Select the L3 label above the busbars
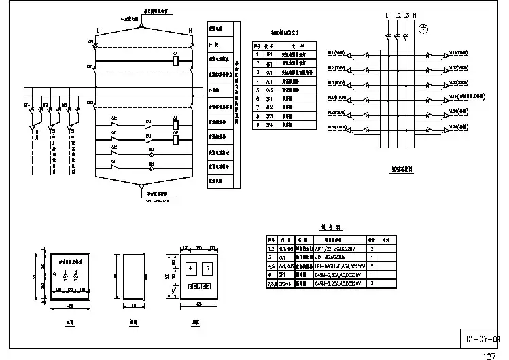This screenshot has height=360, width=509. pos(406,15)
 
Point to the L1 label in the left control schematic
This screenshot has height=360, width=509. pos(99,31)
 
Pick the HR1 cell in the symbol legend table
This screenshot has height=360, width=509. pos(269,62)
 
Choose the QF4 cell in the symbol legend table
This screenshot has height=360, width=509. pos(269,125)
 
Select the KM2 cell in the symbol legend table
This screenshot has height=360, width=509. pos(269,90)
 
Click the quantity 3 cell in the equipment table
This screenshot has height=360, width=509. pos(372,283)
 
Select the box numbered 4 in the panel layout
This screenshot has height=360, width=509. pos(192,269)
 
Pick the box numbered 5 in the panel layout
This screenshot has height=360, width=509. pos(210,269)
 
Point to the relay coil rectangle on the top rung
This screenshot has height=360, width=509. pos(175,60)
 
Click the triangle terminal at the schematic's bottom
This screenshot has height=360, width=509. pos(141,185)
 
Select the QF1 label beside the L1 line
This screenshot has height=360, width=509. pos(91,41)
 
